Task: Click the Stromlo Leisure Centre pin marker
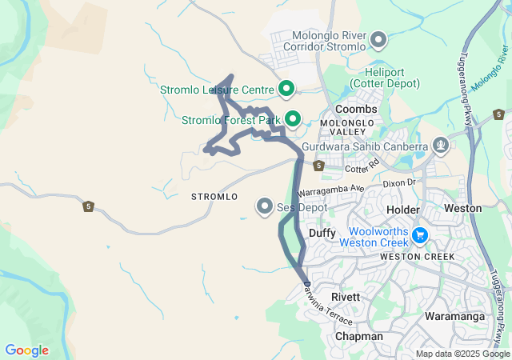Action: click(x=286, y=89)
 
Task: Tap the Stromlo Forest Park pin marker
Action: click(x=292, y=120)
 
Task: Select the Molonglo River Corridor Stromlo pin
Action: click(x=379, y=39)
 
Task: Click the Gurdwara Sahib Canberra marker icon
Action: click(x=440, y=146)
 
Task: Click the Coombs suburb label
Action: click(x=356, y=109)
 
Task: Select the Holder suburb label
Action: click(x=402, y=209)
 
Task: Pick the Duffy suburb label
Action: click(x=322, y=233)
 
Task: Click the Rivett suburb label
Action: click(x=346, y=297)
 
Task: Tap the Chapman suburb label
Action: click(x=358, y=337)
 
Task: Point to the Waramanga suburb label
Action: click(x=455, y=317)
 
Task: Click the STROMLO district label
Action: click(x=214, y=197)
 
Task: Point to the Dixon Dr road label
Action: click(x=400, y=183)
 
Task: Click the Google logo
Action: click(x=26, y=350)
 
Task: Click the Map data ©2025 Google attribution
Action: click(x=462, y=354)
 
